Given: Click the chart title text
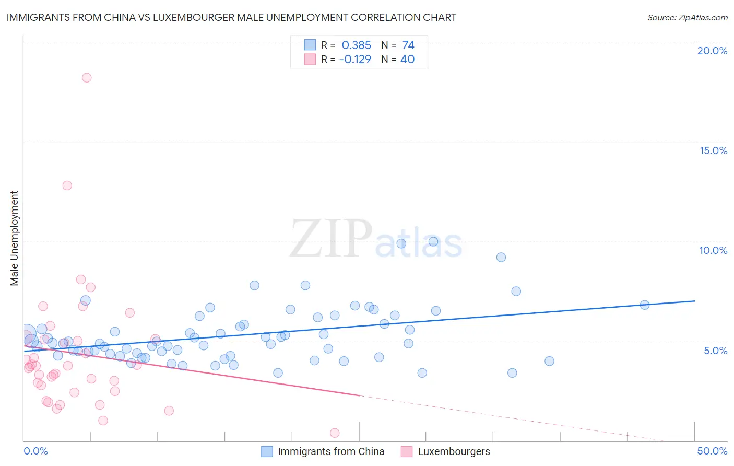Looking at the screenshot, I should [231, 18].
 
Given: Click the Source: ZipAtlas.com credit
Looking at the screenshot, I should [687, 18].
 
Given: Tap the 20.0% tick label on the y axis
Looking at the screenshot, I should [712, 51].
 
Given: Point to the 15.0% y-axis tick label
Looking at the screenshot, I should [713, 150].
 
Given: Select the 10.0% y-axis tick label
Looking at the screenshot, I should [713, 250].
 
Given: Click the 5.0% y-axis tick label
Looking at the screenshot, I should [715, 351].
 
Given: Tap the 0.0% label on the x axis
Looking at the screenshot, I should [35, 451].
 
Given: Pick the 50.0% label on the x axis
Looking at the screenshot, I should [712, 451].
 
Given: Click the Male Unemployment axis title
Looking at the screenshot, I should [15, 238].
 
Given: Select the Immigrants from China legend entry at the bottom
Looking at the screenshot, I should [330, 451].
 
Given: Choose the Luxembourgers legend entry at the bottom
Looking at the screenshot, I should [454, 451].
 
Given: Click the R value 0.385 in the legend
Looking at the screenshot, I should [356, 45].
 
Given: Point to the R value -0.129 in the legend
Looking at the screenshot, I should [355, 60].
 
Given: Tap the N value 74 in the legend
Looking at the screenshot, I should [408, 45].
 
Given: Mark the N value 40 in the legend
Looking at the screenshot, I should [407, 60].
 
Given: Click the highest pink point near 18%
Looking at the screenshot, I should [87, 78].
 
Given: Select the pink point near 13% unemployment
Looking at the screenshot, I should [67, 185].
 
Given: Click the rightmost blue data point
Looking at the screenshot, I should [645, 305].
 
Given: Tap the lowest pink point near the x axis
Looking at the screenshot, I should [335, 433].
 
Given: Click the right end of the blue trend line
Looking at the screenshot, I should [694, 301].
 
